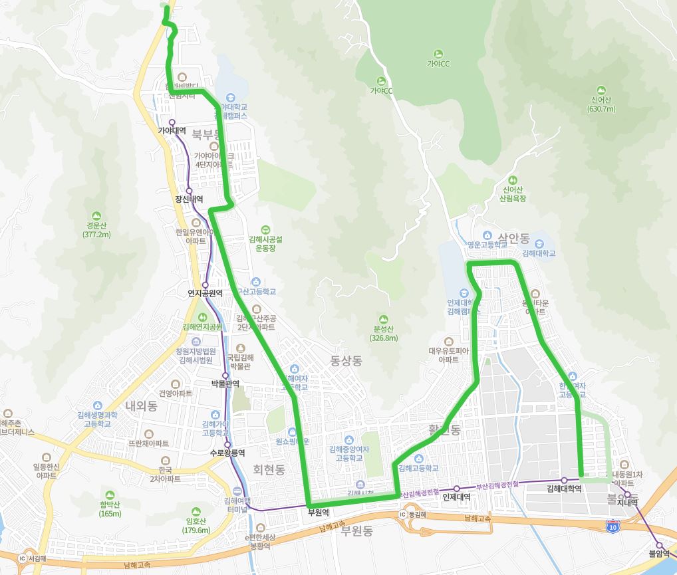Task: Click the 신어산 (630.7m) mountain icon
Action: (601, 90)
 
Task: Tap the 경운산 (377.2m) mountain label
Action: (97, 229)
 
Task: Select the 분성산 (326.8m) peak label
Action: (384, 333)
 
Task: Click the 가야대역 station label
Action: (171, 131)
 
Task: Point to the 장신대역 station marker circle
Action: (189, 191)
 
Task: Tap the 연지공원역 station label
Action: (205, 292)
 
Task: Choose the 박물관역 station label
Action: (225, 384)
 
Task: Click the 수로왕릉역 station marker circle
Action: (227, 445)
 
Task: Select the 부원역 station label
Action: (319, 513)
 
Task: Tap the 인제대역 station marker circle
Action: (456, 489)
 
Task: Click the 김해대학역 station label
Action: (564, 489)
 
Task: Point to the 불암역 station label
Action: (659, 553)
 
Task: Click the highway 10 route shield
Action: (612, 526)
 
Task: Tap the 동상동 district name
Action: (346, 361)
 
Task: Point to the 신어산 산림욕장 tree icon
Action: (512, 180)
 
